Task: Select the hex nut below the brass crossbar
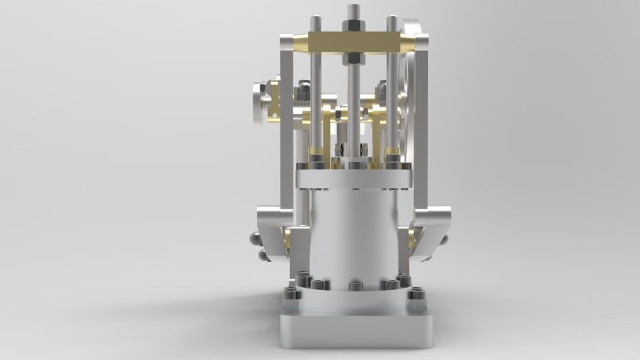[x=353, y=59]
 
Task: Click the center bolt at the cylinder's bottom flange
[x=355, y=285]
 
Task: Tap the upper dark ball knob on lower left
[x=255, y=238]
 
